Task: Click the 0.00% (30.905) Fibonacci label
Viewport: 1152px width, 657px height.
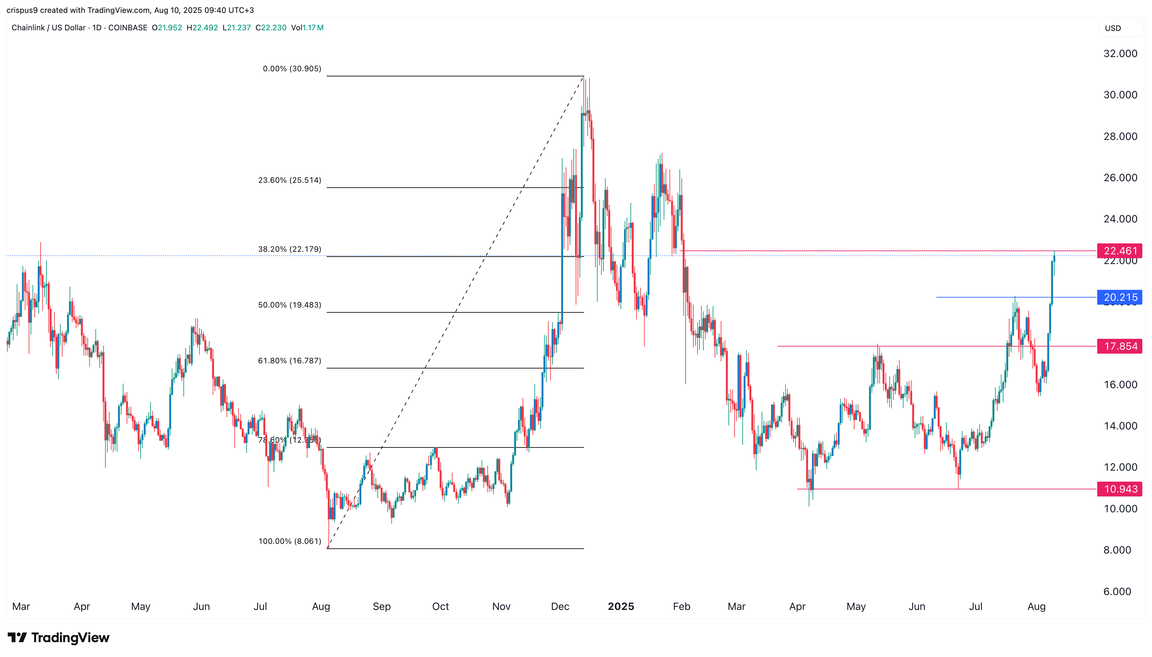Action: coord(292,69)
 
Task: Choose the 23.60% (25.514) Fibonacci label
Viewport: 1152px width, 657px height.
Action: coord(289,180)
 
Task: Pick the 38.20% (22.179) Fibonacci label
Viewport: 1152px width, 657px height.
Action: coord(289,249)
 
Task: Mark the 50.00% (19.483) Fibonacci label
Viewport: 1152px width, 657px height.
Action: coord(289,305)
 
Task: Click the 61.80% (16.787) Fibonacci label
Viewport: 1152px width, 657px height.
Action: coord(289,360)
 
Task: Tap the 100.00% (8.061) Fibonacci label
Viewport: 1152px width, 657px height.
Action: coord(289,541)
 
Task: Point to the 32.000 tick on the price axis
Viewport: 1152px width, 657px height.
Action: coord(1120,54)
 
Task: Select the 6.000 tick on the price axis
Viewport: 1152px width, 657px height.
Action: coord(1117,592)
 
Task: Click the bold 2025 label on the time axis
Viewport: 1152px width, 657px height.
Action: coord(621,606)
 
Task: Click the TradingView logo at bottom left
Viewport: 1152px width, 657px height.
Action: coord(58,638)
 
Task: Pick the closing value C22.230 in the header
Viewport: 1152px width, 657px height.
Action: coord(271,27)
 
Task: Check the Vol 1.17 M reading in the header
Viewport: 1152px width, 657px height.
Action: coord(307,27)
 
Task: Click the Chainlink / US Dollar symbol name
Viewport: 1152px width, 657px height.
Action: coord(48,27)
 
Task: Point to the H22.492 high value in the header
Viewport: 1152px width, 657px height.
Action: coord(202,27)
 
